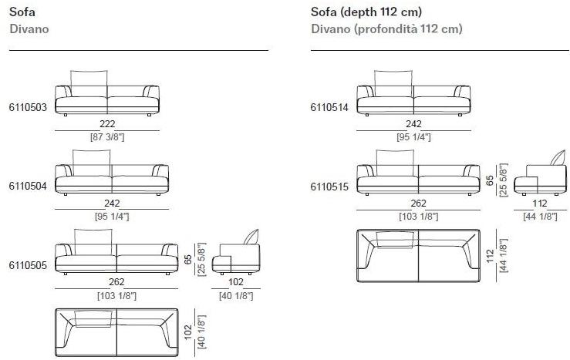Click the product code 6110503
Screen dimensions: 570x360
point(28,107)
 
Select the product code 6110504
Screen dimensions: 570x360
point(28,186)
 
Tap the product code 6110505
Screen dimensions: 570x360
point(28,265)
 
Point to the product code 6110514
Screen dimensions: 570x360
point(329,107)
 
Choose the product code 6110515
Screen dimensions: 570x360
point(329,187)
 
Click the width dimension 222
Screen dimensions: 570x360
point(107,124)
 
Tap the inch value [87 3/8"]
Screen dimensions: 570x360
point(107,137)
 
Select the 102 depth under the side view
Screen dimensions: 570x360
point(236,282)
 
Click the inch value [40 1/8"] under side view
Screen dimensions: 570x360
point(236,296)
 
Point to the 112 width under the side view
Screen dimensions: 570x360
point(540,203)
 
